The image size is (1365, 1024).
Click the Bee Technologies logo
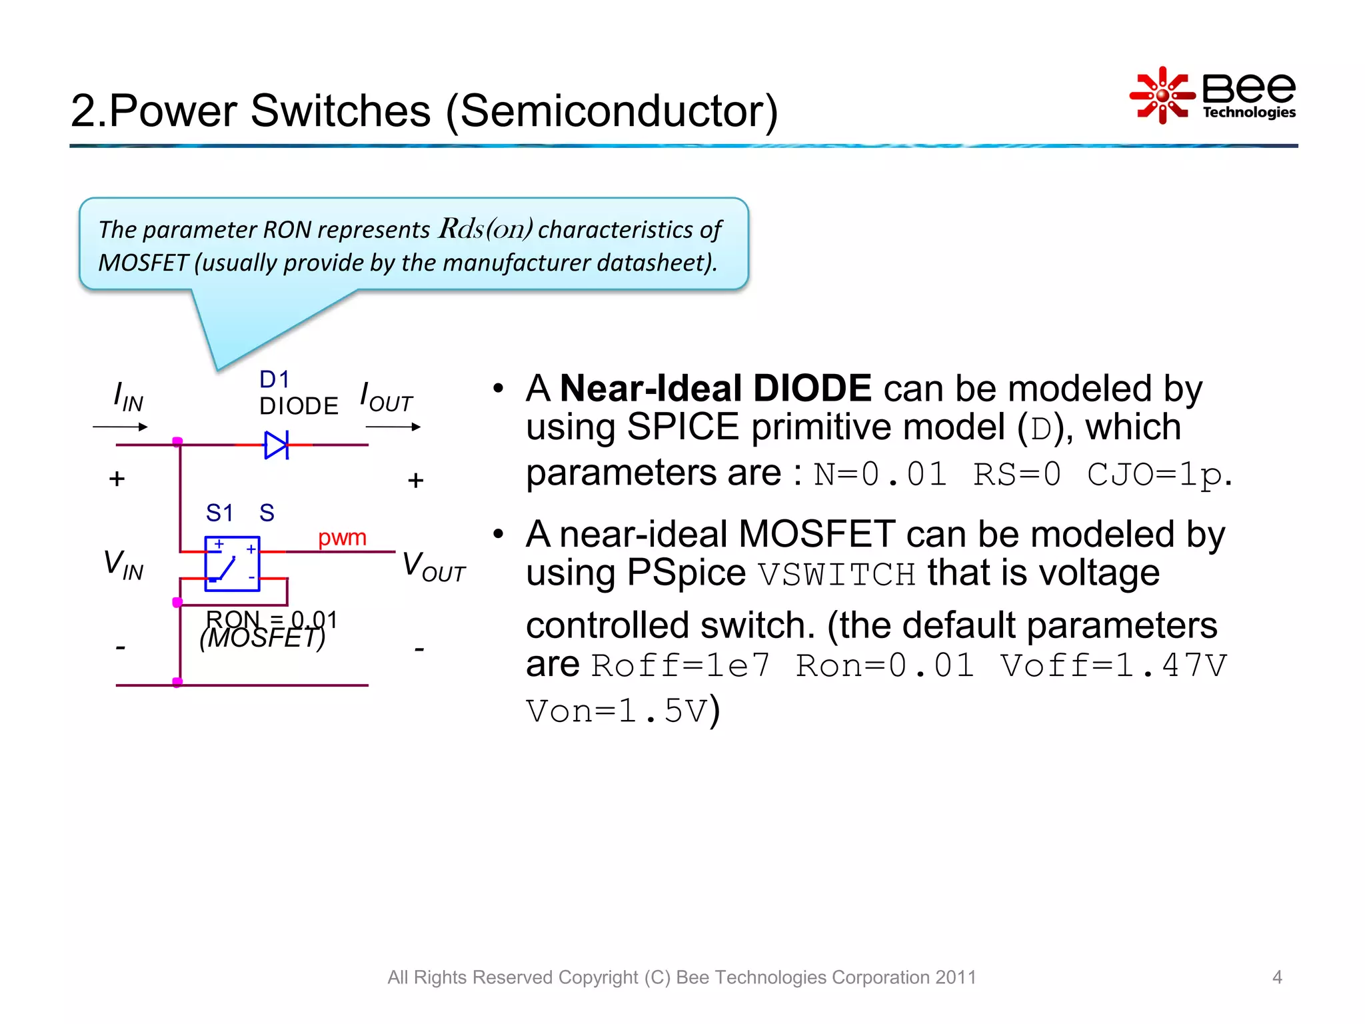tap(1212, 95)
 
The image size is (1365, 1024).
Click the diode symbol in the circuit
tap(276, 445)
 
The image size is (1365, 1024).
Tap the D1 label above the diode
tap(274, 379)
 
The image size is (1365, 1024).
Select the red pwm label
tap(342, 537)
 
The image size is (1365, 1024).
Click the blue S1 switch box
tap(232, 563)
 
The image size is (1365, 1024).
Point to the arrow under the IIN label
tap(121, 427)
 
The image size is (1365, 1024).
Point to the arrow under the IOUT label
tap(393, 427)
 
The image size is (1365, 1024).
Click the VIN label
tap(123, 564)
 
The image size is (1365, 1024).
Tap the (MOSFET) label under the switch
tap(262, 639)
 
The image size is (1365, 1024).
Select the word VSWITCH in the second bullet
tap(837, 574)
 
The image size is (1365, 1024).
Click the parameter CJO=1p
tap(1155, 475)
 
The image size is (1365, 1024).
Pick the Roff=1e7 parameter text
tap(681, 665)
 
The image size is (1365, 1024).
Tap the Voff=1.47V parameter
tap(1113, 665)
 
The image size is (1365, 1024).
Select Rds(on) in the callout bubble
tap(485, 229)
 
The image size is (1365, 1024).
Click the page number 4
tap(1277, 977)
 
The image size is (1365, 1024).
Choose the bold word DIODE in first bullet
tap(812, 388)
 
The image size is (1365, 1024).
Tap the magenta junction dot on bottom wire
tap(177, 682)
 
